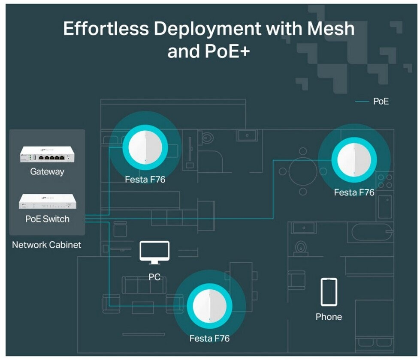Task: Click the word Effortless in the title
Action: (x=106, y=29)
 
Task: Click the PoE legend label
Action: (x=381, y=102)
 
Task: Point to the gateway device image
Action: (x=47, y=155)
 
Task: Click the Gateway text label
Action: (x=47, y=172)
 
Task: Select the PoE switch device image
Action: (x=47, y=202)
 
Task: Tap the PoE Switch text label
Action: (x=47, y=219)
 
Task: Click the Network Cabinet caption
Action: (x=46, y=245)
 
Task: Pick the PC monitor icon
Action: (x=154, y=252)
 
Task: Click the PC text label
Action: (x=154, y=277)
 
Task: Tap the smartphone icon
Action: (x=329, y=292)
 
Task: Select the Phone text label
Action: (x=329, y=317)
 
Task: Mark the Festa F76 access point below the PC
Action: (x=209, y=306)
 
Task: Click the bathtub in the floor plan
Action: (x=372, y=232)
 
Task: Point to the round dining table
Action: (x=303, y=171)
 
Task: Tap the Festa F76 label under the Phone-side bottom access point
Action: (x=209, y=339)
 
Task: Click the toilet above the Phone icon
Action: (x=301, y=248)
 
